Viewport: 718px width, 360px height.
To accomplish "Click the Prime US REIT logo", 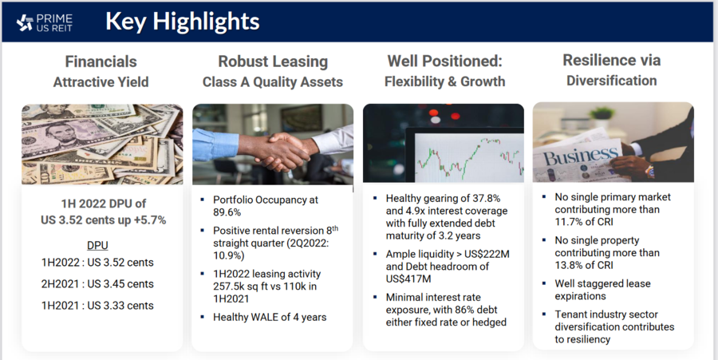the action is (45, 22).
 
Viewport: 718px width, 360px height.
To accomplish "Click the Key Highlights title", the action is (182, 22).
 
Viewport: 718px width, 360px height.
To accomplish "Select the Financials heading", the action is (101, 61).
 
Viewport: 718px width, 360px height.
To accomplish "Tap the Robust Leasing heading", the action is (273, 61).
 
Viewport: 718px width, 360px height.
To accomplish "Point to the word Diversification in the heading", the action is (611, 81).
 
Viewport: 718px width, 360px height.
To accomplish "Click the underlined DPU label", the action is (97, 246).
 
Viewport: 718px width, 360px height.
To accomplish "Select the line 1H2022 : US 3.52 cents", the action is (97, 263).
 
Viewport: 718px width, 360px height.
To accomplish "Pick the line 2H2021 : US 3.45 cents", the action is (97, 284).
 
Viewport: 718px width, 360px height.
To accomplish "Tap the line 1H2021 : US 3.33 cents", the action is (97, 306).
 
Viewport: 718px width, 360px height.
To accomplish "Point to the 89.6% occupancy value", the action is (227, 212).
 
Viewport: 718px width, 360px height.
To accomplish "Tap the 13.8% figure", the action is (569, 265).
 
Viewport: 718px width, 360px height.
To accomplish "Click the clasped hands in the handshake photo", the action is (279, 151).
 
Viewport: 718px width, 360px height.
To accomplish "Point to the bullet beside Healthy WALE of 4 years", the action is (203, 317).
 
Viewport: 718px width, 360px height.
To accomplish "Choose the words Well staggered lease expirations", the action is (602, 290).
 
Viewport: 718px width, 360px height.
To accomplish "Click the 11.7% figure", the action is (569, 222).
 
